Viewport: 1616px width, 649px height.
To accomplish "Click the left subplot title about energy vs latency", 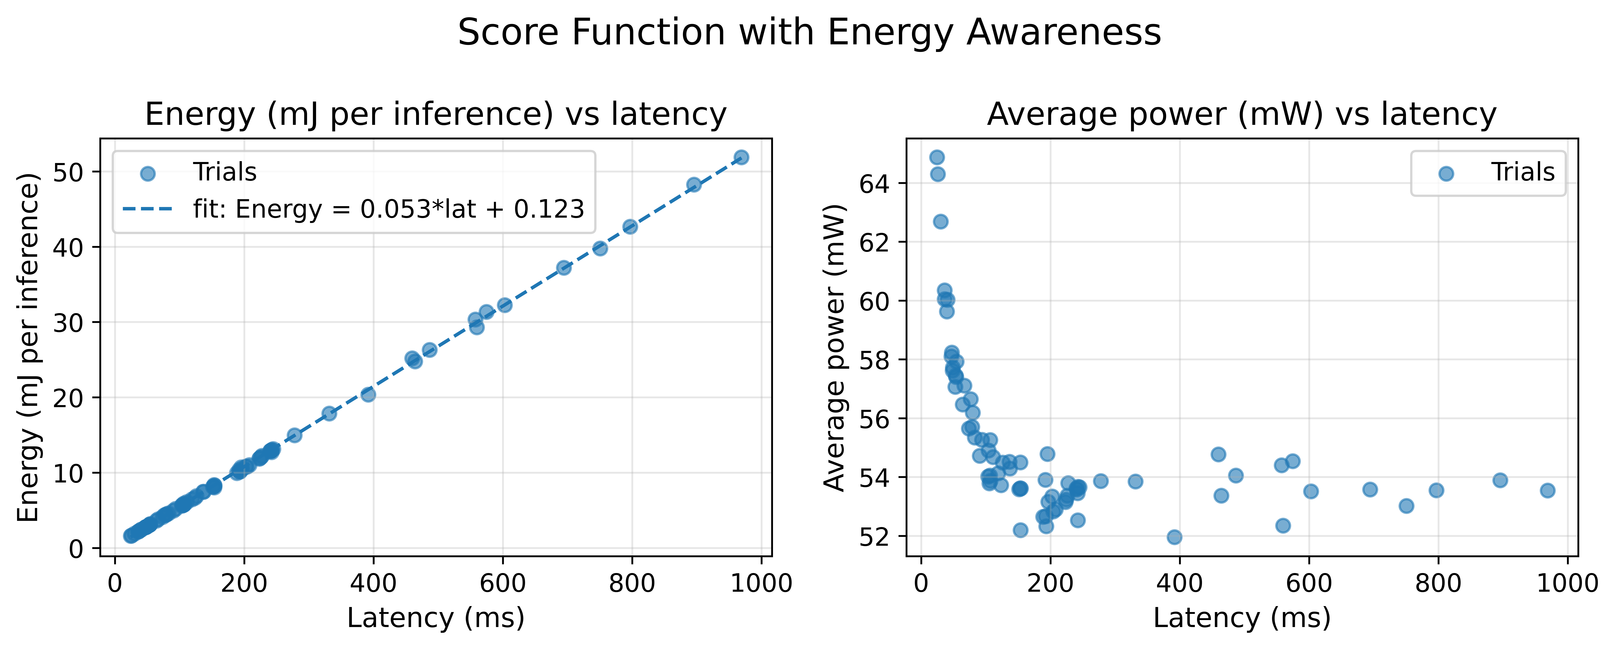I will (435, 115).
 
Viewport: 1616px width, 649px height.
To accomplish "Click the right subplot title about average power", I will (1241, 115).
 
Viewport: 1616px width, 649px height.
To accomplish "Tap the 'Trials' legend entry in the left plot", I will (225, 172).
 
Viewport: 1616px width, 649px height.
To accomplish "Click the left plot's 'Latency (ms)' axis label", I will (435, 618).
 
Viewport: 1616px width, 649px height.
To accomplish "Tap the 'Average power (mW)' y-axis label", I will (834, 347).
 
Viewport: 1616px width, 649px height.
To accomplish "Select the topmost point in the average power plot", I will (937, 157).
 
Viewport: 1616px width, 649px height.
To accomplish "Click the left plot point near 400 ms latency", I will (368, 394).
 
